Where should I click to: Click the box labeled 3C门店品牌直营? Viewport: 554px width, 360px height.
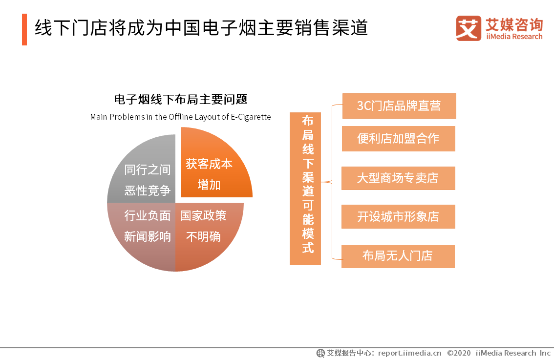(x=399, y=106)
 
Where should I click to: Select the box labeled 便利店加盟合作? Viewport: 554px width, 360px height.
(x=399, y=139)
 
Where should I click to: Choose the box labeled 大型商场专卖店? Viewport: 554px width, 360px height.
(x=398, y=178)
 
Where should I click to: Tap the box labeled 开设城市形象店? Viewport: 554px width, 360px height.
(x=398, y=216)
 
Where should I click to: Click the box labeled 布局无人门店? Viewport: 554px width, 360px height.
(x=398, y=256)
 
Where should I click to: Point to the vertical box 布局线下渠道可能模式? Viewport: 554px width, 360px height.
(x=305, y=189)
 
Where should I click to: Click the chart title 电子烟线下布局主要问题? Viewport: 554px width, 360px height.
(x=181, y=99)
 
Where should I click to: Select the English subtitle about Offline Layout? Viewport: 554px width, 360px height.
(x=181, y=117)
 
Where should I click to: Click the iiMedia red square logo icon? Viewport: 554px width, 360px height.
(x=469, y=28)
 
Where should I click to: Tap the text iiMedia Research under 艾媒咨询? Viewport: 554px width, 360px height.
(x=514, y=37)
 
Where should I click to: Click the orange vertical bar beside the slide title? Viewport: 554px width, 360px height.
(x=24, y=30)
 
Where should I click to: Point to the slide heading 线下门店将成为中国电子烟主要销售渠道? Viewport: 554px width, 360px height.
(x=201, y=28)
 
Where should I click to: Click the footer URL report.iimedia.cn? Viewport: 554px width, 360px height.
(x=409, y=353)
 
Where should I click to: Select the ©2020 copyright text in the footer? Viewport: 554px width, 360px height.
(x=459, y=353)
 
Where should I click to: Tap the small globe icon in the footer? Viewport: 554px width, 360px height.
(x=320, y=353)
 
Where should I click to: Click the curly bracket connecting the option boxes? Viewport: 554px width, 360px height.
(x=332, y=182)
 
